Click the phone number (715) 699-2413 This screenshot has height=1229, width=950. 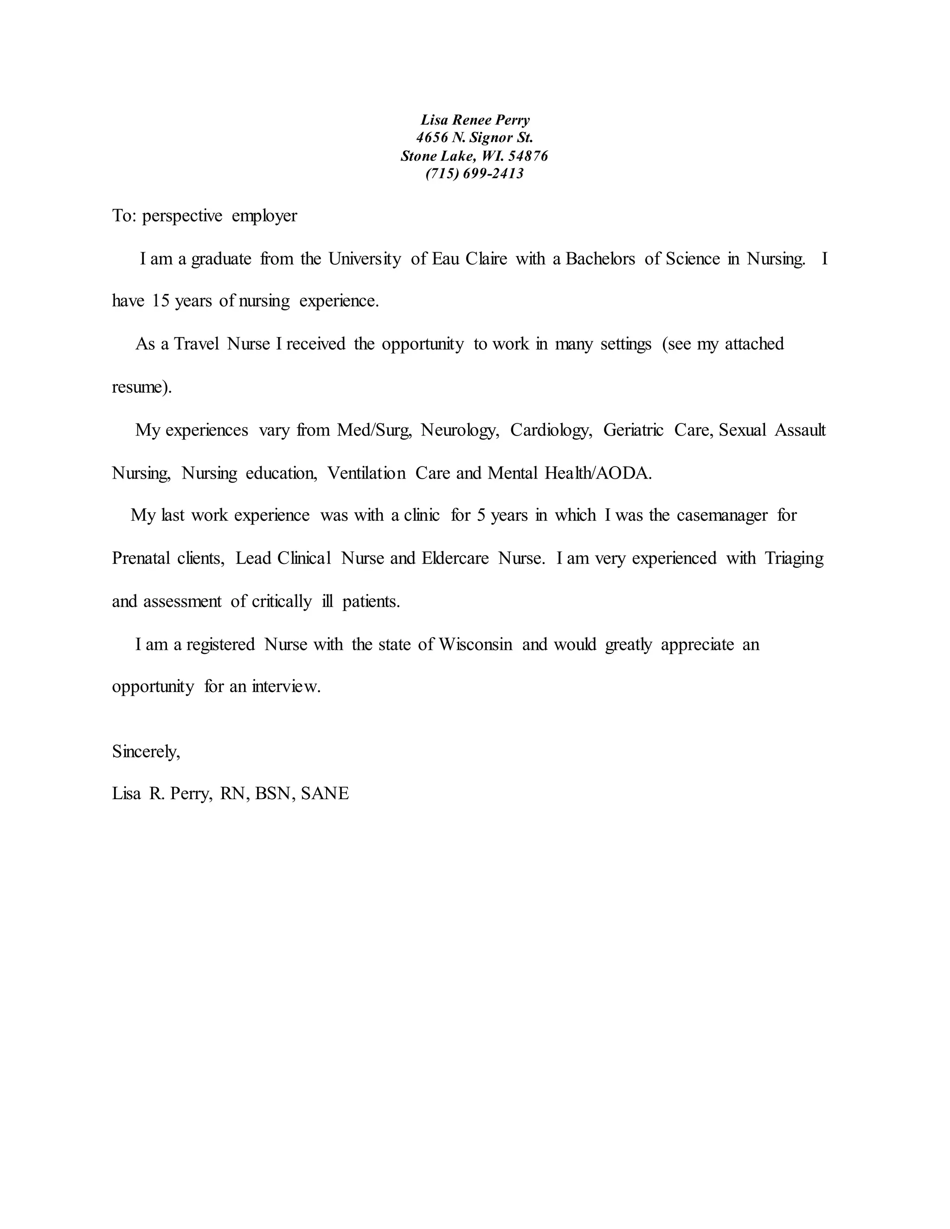pos(475,173)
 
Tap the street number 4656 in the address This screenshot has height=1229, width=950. pos(432,137)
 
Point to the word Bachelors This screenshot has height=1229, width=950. pos(601,259)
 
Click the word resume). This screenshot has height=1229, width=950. pos(142,387)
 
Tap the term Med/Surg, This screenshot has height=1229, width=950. pos(374,430)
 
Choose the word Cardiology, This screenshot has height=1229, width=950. pos(551,430)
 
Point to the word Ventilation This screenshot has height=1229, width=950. pos(366,473)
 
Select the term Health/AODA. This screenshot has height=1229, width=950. pos(598,473)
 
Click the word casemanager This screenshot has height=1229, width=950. pos(722,515)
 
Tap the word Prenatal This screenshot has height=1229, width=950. pos(141,558)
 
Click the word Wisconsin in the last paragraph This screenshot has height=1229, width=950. pos(475,644)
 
